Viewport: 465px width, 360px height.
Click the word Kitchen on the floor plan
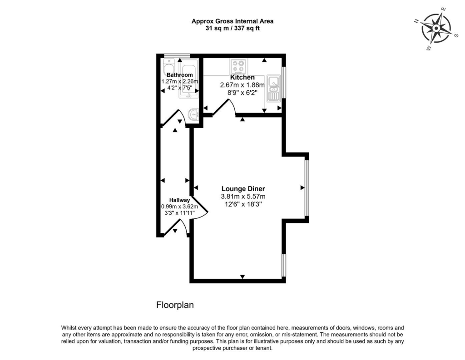tap(243, 78)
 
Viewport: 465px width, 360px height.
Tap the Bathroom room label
tap(179, 75)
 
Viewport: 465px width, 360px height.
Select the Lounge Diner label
tap(243, 189)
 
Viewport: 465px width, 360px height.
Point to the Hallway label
tap(179, 200)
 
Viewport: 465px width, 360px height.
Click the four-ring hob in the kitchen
tap(238, 67)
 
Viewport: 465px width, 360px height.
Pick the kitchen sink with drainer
tap(273, 88)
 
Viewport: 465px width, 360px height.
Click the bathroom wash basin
tap(193, 113)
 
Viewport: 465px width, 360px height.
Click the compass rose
tap(435, 27)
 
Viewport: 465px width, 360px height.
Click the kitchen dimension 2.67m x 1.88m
tap(243, 85)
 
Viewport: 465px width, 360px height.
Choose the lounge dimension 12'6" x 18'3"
tap(243, 204)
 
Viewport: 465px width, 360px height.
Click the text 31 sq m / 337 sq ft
tap(232, 28)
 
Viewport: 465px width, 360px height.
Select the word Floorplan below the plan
tap(175, 305)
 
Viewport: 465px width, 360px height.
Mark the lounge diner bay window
tap(307, 188)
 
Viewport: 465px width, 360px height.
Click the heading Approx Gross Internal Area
tap(232, 21)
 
